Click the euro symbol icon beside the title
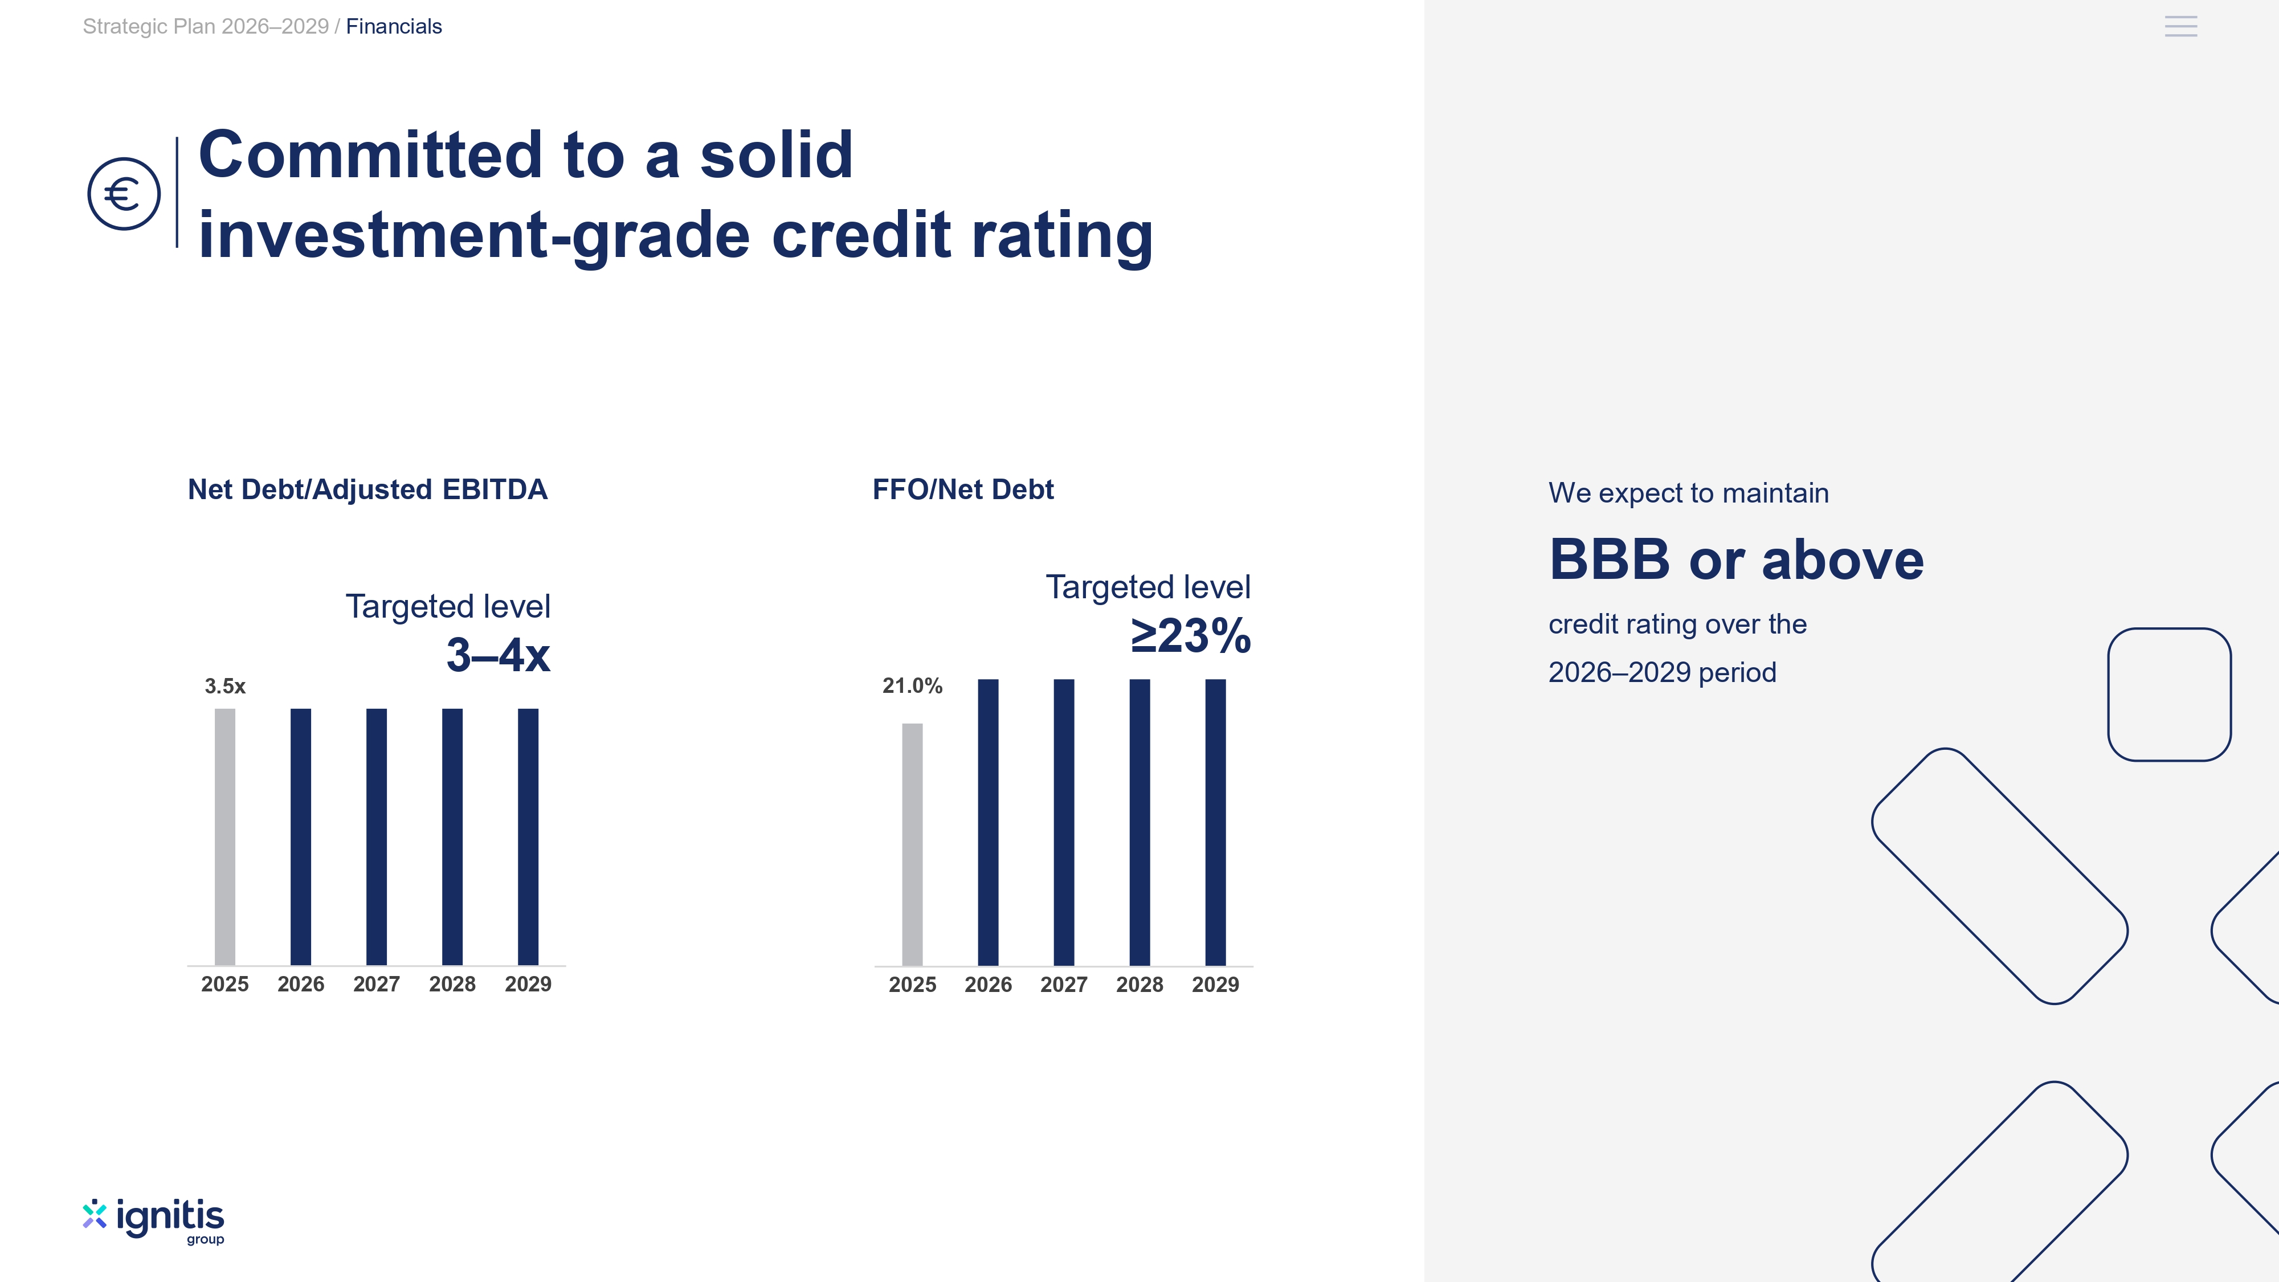point(124,194)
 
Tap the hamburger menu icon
point(2181,27)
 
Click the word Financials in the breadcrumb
point(394,27)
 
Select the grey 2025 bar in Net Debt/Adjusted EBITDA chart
point(224,837)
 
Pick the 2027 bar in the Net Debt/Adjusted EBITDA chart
point(377,837)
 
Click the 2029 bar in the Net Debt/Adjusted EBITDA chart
point(528,837)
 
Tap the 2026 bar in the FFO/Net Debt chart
point(988,823)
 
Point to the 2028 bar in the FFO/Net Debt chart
point(1139,823)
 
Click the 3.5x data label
point(224,687)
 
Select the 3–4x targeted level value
point(498,656)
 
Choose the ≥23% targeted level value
point(1191,635)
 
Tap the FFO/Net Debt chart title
point(962,489)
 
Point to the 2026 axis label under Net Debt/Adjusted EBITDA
point(301,984)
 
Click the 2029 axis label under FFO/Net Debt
point(1216,985)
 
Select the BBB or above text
point(1736,560)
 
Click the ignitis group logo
point(154,1222)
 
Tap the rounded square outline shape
point(2169,629)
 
